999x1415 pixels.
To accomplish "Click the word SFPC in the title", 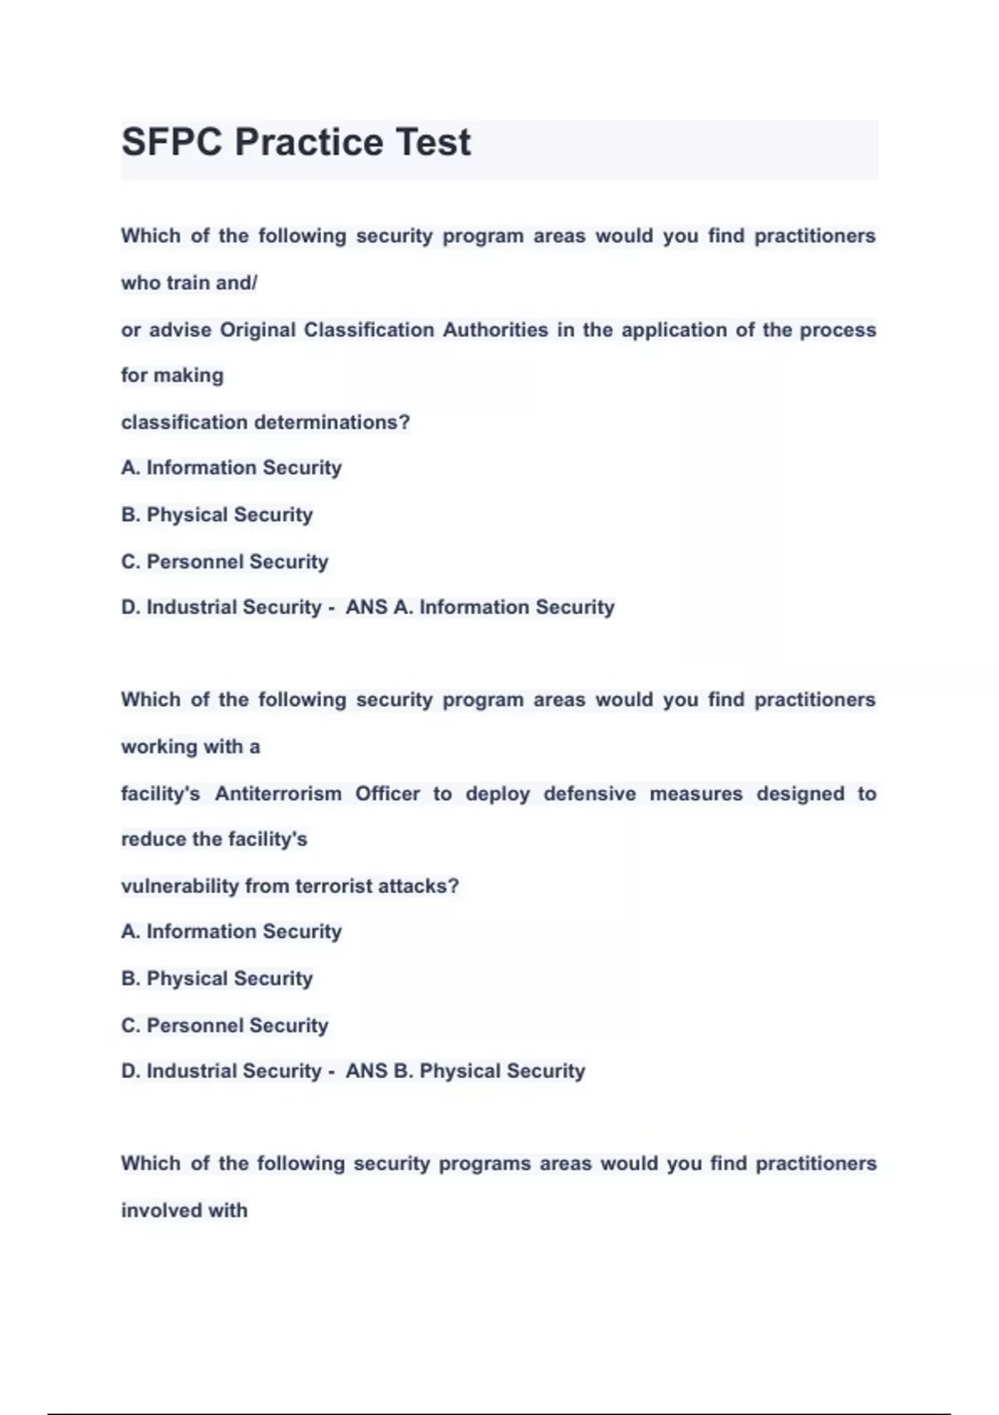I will click(171, 142).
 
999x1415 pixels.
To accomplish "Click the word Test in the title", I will click(432, 142).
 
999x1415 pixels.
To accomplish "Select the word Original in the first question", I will click(257, 330).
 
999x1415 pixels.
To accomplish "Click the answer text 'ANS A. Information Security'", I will click(480, 608).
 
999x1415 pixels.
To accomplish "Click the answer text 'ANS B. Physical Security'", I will click(465, 1071).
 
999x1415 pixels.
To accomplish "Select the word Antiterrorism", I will click(278, 794).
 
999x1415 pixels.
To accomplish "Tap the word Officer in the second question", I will click(387, 794).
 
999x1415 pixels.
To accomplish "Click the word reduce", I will click(153, 839).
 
